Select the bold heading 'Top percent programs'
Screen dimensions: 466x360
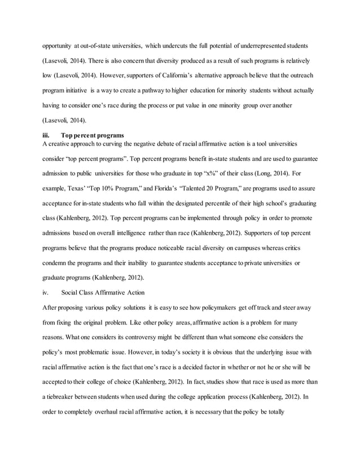point(93,135)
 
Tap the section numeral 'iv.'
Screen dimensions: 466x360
point(46,292)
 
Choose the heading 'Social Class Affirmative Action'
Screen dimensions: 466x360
point(103,292)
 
